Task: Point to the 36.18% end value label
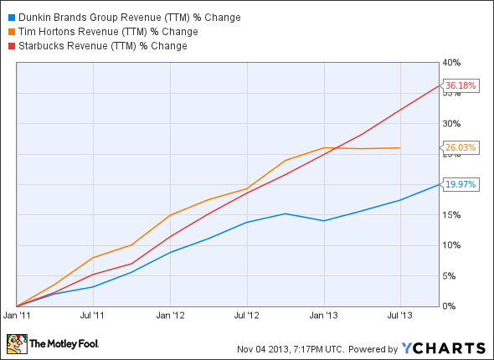(461, 85)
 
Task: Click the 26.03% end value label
(461, 148)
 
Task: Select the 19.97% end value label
(461, 185)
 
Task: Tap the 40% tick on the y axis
(452, 63)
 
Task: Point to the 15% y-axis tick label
(452, 215)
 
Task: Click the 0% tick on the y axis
(450, 306)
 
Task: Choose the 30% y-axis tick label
(452, 124)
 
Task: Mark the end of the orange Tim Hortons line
(400, 148)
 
